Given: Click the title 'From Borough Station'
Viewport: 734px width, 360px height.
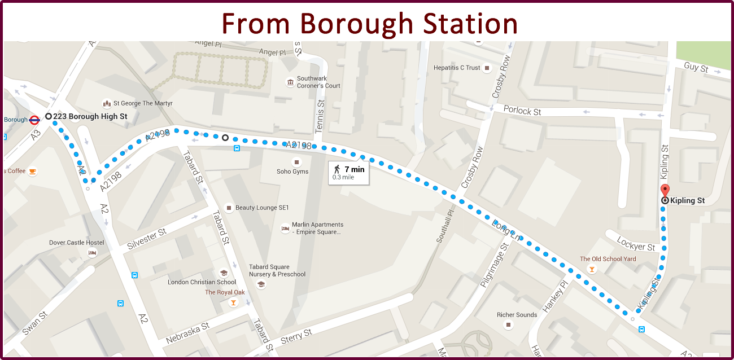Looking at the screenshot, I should click(370, 23).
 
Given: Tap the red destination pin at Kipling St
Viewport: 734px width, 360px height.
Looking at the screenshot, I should click(665, 191).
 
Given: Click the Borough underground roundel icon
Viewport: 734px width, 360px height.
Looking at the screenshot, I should click(34, 120).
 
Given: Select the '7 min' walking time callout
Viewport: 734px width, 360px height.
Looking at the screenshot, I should click(348, 172).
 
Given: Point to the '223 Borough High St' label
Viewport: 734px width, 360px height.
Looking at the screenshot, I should click(90, 116).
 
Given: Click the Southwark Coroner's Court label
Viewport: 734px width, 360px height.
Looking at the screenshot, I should click(318, 82).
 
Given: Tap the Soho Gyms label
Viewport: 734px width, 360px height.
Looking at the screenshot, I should click(292, 172).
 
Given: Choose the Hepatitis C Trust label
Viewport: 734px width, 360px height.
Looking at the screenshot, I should click(457, 68).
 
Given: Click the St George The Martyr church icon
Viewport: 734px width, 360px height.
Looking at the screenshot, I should click(106, 103).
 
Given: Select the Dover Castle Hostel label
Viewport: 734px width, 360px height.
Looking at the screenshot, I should click(76, 243).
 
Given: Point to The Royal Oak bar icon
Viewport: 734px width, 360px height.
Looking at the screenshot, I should click(233, 303).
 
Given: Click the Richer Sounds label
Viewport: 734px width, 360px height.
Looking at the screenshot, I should click(517, 315).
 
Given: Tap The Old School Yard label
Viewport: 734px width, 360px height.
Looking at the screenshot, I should click(608, 259).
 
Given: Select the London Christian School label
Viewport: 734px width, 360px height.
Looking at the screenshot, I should click(202, 282).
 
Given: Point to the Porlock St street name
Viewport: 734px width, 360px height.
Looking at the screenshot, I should click(522, 111).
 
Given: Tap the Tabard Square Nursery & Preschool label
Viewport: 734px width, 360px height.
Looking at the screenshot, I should click(277, 271).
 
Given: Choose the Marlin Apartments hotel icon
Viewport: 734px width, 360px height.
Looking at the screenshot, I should click(285, 229).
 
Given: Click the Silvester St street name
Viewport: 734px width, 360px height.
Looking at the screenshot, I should click(147, 239).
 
